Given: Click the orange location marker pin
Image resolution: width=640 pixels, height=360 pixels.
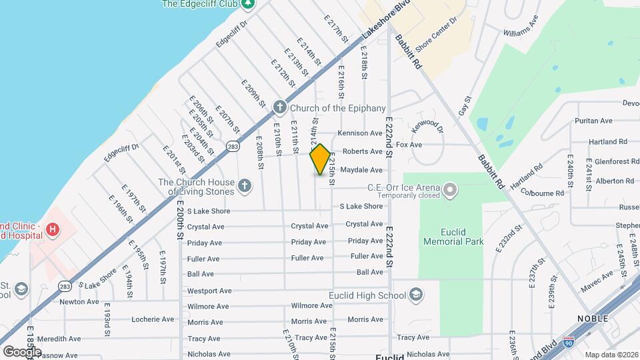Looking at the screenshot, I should tap(321, 159).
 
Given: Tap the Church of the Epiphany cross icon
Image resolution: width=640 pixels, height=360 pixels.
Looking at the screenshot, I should tap(280, 107).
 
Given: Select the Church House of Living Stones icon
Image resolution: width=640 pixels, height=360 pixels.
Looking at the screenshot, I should tap(245, 187).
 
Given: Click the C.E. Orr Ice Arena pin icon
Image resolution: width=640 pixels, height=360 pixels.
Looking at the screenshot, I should tap(451, 190).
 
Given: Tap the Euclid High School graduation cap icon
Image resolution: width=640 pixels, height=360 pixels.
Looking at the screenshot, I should tap(415, 295).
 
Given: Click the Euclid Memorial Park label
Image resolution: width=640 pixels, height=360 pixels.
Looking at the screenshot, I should tap(453, 237).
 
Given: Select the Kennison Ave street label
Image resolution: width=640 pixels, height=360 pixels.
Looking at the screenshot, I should tap(359, 133).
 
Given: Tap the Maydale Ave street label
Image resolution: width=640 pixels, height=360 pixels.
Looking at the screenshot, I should tap(361, 170).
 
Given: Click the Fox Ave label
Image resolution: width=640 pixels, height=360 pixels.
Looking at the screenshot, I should tap(409, 145).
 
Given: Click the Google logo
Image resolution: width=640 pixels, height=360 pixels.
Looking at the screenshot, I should tap(21, 351).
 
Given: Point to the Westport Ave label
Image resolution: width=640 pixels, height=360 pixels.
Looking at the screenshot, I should tap(209, 291).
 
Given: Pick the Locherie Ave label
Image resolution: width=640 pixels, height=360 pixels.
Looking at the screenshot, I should tap(153, 319).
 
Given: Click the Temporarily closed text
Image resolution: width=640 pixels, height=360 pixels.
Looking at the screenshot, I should tap(408, 195).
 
